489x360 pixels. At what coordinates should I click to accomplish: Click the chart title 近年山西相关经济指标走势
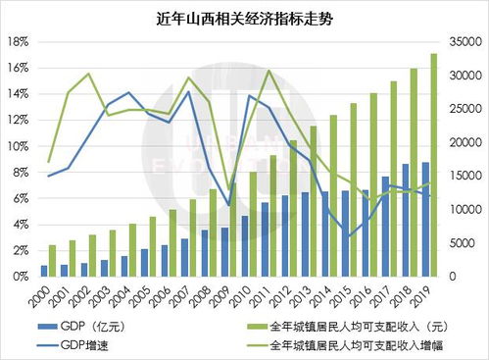point(243,18)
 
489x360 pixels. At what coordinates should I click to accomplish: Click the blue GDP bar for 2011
point(265,239)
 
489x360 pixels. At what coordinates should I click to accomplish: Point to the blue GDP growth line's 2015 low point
point(348,237)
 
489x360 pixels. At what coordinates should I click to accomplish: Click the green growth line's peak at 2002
point(88,74)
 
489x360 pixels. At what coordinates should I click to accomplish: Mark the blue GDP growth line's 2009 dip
point(228,205)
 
